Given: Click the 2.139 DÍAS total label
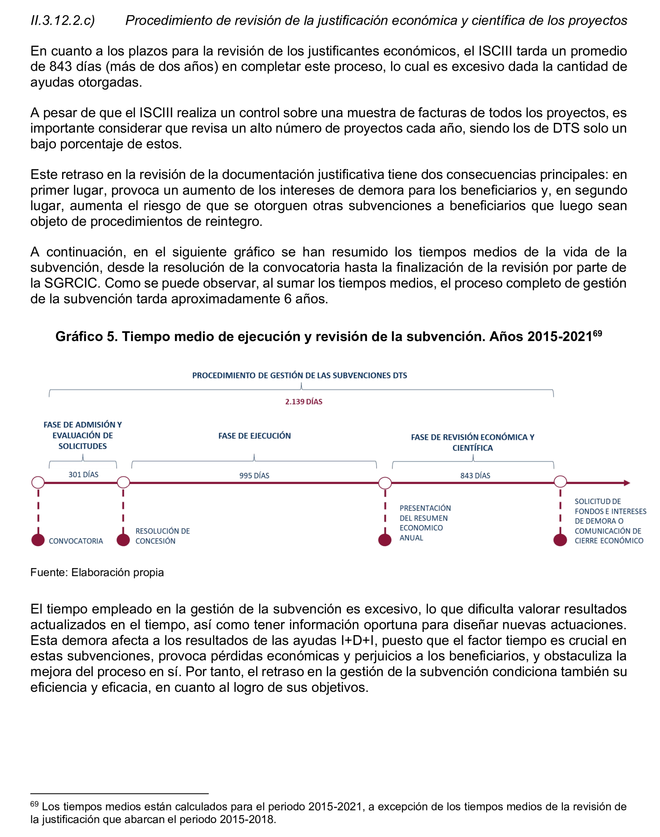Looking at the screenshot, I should coord(303,402).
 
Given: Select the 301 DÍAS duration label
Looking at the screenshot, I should coord(84,474).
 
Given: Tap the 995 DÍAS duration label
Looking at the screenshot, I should coord(254,476).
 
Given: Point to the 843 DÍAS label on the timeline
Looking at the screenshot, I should coord(475,476).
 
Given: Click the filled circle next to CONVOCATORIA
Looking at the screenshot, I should coord(38,540).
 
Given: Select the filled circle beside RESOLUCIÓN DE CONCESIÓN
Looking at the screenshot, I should coord(123,540).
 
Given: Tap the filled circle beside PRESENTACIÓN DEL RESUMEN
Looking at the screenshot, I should coord(385,540).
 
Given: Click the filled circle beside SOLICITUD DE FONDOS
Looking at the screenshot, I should coord(560,540).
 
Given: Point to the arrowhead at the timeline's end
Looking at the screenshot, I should coord(627,483).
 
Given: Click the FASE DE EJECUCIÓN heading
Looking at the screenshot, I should coord(254,436).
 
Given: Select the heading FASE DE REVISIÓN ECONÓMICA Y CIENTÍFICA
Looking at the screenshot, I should coord(472,443).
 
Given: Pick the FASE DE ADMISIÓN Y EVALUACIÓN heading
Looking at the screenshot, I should coord(82,435).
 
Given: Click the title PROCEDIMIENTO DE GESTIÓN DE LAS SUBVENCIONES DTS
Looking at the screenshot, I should coord(300,375).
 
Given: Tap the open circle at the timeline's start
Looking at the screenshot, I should coord(38,483).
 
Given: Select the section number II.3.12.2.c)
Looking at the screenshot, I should coord(63,20).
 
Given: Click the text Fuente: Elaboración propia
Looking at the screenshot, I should coord(97,572).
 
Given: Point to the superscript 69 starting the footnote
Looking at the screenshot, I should coord(34,804).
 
